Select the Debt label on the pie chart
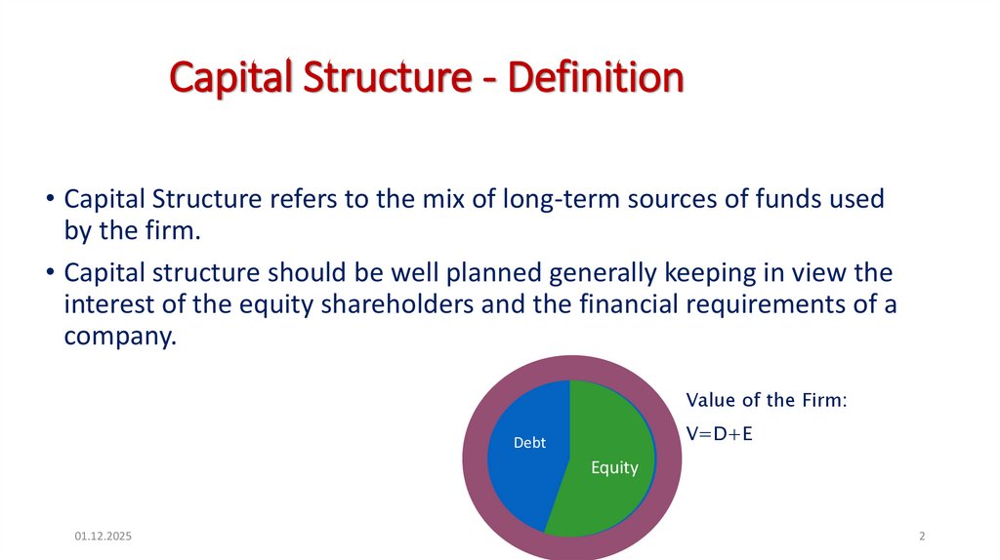(x=529, y=443)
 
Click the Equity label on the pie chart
(x=614, y=467)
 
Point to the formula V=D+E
(x=719, y=434)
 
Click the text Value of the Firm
(x=766, y=400)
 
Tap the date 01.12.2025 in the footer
(x=104, y=537)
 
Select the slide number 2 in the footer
(x=922, y=537)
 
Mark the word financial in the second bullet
(x=598, y=303)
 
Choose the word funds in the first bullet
(x=781, y=199)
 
